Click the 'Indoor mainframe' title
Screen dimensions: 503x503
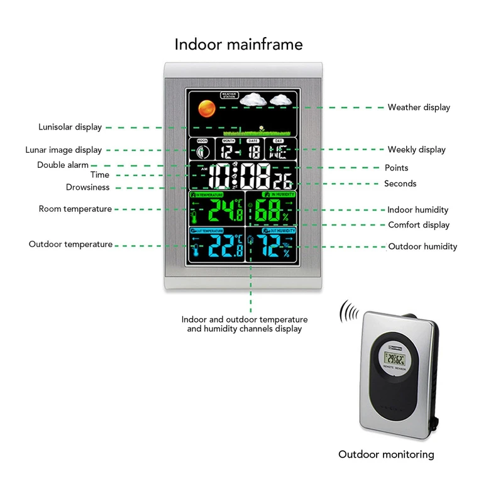point(238,45)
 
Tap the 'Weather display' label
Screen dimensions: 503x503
point(419,108)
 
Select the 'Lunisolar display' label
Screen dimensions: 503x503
point(70,127)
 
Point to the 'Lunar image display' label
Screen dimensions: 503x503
point(63,150)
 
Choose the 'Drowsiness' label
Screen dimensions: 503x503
point(87,187)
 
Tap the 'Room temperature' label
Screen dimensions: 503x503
point(75,209)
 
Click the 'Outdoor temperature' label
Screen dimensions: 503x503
point(70,244)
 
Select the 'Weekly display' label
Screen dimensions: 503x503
point(416,150)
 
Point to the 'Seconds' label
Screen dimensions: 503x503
point(400,184)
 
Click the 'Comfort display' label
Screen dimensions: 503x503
point(419,225)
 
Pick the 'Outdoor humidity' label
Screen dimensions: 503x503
point(423,246)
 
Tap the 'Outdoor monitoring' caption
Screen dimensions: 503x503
point(386,454)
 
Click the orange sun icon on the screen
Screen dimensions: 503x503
point(204,109)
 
